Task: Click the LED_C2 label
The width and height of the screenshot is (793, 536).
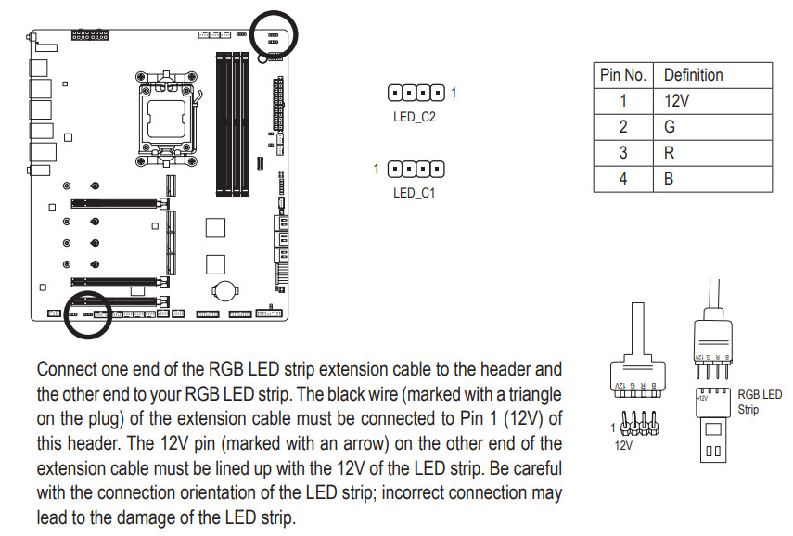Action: click(x=414, y=118)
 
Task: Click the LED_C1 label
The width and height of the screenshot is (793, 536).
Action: click(x=414, y=193)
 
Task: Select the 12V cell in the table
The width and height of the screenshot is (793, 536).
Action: click(x=712, y=100)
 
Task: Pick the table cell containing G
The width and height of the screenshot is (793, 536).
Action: click(x=712, y=126)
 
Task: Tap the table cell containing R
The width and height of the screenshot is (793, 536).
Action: click(x=712, y=152)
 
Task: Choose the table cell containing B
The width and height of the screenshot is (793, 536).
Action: click(x=712, y=178)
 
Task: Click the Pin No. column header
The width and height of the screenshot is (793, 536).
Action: click(x=623, y=75)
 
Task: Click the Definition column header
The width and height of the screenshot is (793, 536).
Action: click(x=712, y=75)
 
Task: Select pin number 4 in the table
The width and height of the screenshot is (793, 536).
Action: click(x=623, y=178)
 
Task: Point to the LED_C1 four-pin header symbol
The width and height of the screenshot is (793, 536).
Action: click(x=415, y=169)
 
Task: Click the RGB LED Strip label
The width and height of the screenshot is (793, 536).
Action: click(x=759, y=402)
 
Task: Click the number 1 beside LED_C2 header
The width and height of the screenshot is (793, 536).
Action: click(x=454, y=92)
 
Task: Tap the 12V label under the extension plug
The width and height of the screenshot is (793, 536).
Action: click(x=625, y=444)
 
